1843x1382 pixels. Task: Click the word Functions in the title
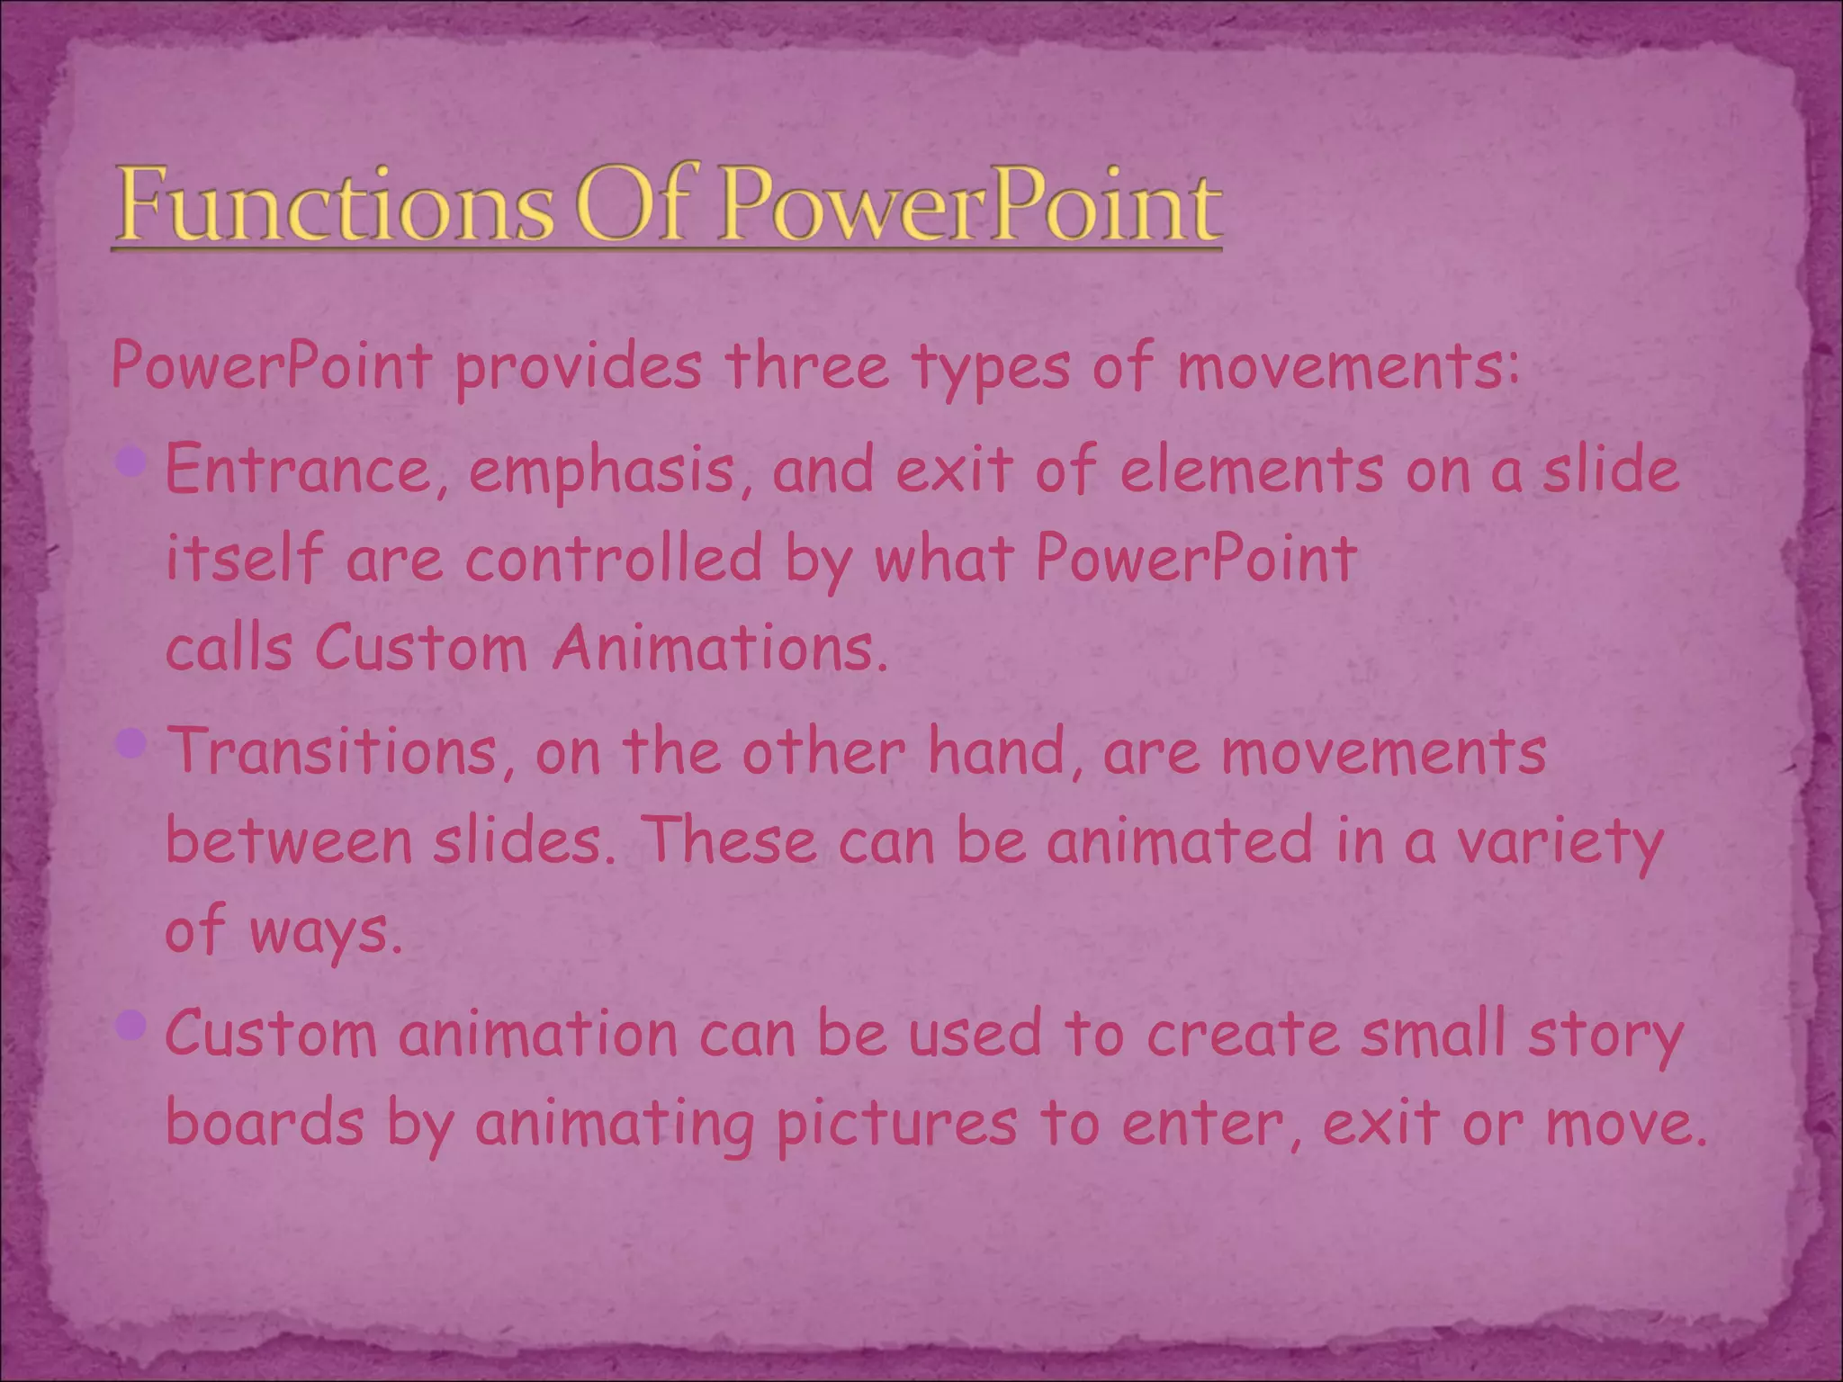pos(333,205)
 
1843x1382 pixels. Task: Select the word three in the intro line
pos(806,367)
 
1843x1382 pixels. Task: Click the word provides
pos(578,369)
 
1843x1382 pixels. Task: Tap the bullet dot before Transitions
pos(131,743)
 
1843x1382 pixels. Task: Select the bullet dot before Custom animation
pos(131,1025)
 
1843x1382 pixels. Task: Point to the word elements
pos(1251,471)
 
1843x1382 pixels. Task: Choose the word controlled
pos(614,559)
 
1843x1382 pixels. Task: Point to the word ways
pos(324,932)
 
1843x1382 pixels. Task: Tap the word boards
pos(265,1122)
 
